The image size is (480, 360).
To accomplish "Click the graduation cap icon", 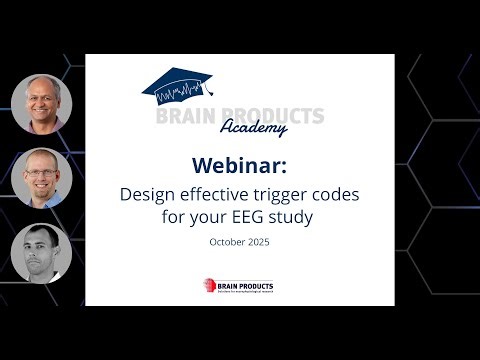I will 185,83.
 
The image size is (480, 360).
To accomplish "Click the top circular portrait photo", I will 41,103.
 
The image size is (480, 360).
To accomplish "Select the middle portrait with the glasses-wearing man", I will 41,178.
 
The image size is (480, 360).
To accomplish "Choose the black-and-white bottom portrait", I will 41,252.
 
